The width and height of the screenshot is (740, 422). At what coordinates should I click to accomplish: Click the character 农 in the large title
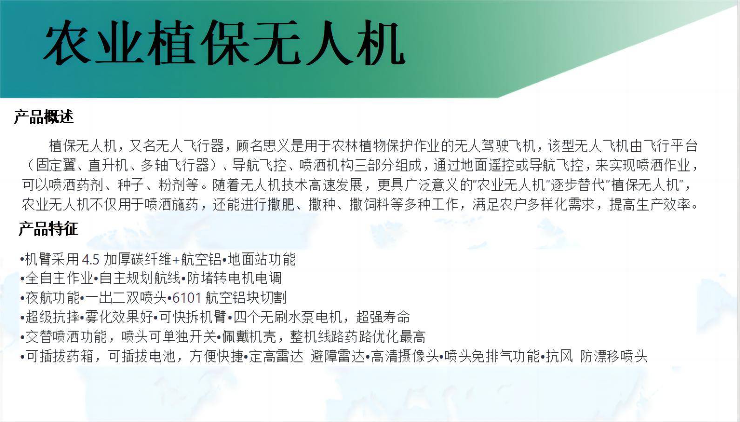[x=67, y=43]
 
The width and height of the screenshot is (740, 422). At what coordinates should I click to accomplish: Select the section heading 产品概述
[x=44, y=116]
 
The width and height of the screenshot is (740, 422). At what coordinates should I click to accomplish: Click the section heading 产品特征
[x=48, y=229]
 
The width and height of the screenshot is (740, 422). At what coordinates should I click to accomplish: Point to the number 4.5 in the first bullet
[x=90, y=260]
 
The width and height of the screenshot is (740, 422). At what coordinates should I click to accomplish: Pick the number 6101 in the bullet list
[x=187, y=298]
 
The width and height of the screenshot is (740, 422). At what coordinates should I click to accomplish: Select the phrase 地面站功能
[x=262, y=259]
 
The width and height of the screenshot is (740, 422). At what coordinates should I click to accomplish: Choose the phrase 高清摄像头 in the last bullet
[x=405, y=356]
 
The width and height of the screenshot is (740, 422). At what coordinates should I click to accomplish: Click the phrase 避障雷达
[x=337, y=356]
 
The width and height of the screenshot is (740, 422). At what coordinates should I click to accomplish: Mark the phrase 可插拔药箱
[x=60, y=356]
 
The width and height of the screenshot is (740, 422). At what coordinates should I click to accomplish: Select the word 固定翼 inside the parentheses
[x=56, y=165]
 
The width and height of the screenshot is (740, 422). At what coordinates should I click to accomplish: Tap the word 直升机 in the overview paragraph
[x=108, y=165]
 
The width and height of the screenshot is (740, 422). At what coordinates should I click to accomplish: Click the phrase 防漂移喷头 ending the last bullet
[x=613, y=356]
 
